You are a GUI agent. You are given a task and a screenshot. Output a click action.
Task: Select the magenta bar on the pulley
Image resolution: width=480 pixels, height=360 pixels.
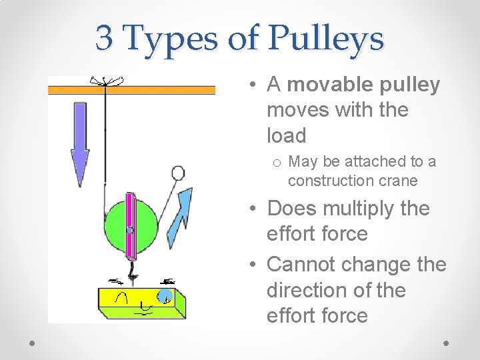tap(131, 226)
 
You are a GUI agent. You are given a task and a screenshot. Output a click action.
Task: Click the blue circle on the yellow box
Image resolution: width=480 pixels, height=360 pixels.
tap(165, 294)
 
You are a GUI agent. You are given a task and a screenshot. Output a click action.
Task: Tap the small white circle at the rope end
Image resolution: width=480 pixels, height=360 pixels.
tap(178, 173)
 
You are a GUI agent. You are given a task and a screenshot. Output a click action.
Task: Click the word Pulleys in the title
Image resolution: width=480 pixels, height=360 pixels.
tap(326, 38)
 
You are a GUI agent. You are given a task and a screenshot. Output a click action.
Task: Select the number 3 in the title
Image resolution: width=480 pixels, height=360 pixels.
tap(103, 37)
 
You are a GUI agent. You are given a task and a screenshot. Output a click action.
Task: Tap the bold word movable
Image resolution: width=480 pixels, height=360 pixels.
tap(328, 85)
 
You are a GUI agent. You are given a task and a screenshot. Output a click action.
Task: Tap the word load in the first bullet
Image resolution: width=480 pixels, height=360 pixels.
tap(286, 135)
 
